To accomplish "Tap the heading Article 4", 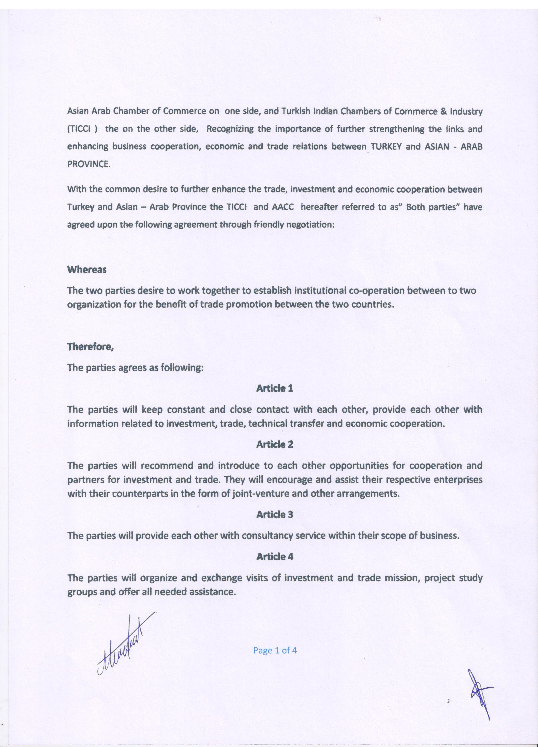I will pyautogui.click(x=275, y=556).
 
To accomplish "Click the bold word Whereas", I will pyautogui.click(x=87, y=269).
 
